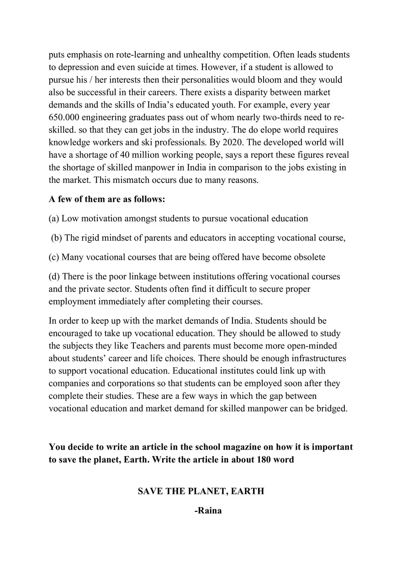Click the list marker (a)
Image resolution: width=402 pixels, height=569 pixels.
(x=54, y=219)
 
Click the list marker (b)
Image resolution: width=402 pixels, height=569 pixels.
(x=57, y=238)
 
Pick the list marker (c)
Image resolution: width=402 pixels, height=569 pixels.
(x=54, y=257)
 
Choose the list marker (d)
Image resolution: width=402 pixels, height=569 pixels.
(x=54, y=277)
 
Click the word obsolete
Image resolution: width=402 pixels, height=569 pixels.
(x=308, y=257)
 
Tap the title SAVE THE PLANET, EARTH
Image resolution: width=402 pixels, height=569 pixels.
(x=201, y=491)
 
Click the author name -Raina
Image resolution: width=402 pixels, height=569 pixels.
(x=208, y=511)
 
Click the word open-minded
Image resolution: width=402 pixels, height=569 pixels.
(x=309, y=346)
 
